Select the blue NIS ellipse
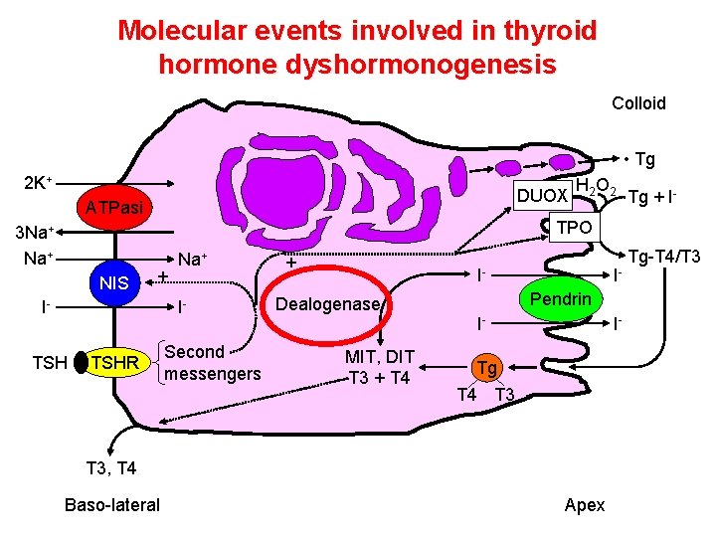pos(114,283)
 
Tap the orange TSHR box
pos(114,364)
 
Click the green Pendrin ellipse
pos(560,299)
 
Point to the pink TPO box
pos(574,227)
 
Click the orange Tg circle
pos(485,367)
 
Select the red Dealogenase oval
pos(328,304)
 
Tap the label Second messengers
pos(212,362)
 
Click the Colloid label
pos(638,103)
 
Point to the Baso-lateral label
pos(111,504)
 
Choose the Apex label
pos(584,504)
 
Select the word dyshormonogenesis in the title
pos(357,65)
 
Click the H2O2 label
pos(598,185)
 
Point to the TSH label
pos(49,364)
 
